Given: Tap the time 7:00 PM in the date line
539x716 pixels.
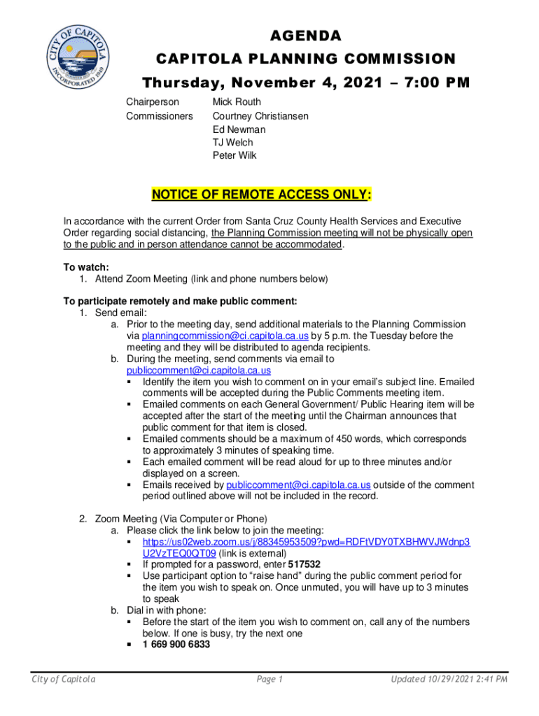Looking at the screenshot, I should coord(433,83).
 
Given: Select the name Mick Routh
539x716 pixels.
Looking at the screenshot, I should coord(237,102).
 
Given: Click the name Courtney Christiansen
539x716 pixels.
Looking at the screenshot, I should coord(260,116).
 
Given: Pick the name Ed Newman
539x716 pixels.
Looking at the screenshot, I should coord(239,129).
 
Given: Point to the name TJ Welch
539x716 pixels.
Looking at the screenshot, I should coord(233,143).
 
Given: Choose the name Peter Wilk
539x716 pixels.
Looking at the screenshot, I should coord(234,156).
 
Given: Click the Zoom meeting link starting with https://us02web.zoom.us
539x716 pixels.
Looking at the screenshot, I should coord(306,542).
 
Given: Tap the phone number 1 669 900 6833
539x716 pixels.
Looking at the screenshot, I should coord(176,645).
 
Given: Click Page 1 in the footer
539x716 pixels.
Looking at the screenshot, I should coord(269,680).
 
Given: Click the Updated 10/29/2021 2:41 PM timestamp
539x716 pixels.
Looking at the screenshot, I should coord(449,680).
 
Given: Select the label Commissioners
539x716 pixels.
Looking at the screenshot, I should coord(160,116).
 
